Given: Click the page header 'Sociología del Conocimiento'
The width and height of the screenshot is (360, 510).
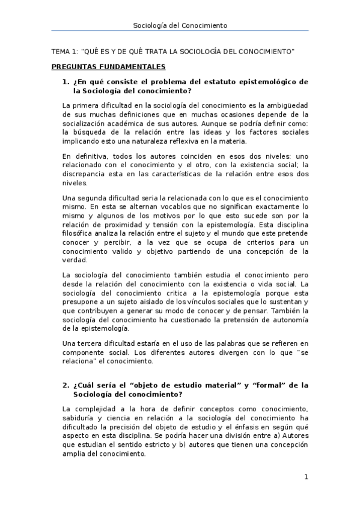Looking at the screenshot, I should pyautogui.click(x=180, y=25).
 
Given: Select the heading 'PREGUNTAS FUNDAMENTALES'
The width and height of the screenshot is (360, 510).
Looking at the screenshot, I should pyautogui.click(x=108, y=67).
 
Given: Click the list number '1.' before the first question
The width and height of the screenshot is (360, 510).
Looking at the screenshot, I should pyautogui.click(x=66, y=82).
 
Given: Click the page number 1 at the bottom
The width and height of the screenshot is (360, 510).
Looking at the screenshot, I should pyautogui.click(x=306, y=478).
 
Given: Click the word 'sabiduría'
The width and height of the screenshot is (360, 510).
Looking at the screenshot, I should pyautogui.click(x=81, y=417).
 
